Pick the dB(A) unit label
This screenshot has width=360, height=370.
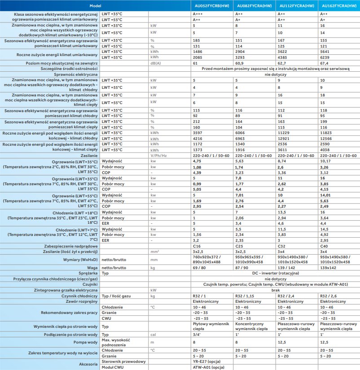(x=156, y=63)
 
